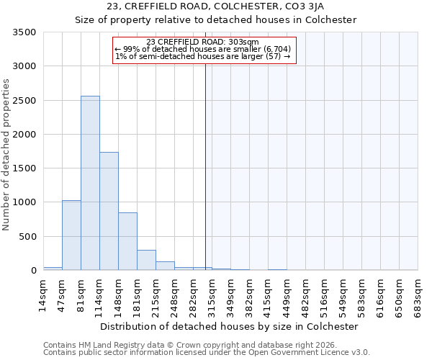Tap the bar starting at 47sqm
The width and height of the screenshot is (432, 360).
coord(71,235)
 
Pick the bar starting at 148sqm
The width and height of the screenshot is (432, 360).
coord(127,241)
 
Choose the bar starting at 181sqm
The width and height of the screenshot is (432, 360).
coord(146,260)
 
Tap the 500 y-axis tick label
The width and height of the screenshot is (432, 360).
coord(29,237)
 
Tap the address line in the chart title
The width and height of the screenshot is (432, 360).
coord(216,6)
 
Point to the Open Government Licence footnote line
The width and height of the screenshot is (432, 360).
coord(206,353)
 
